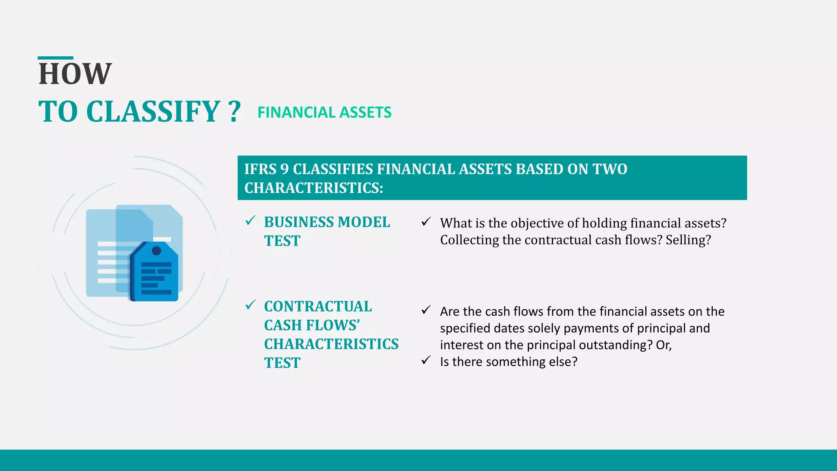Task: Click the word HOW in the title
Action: click(75, 74)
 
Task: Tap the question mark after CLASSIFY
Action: click(234, 112)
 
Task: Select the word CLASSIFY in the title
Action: click(153, 112)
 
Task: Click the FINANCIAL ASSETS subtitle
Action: click(324, 112)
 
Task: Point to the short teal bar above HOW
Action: click(55, 58)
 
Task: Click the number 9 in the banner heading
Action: click(284, 169)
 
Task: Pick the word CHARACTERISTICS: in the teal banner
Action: click(313, 188)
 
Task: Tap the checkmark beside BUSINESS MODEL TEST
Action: click(250, 221)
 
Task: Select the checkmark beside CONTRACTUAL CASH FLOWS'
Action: click(250, 305)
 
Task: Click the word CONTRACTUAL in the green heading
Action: click(318, 306)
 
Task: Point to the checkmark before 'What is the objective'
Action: click(426, 222)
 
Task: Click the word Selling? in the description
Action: click(688, 240)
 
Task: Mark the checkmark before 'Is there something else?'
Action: click(426, 360)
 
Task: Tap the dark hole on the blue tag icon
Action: click(156, 251)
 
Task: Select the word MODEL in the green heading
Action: click(364, 222)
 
